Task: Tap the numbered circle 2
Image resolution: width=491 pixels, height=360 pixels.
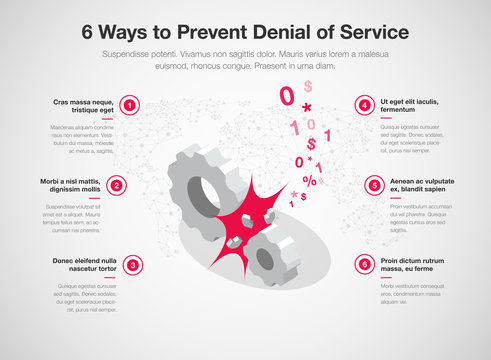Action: tap(117, 185)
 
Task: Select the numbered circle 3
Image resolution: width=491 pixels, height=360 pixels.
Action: tap(131, 264)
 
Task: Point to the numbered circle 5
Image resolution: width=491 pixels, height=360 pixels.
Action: tap(375, 185)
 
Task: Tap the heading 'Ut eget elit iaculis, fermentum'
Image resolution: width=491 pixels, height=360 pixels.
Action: tap(408, 107)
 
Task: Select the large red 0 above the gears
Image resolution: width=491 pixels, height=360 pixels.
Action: tap(287, 97)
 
